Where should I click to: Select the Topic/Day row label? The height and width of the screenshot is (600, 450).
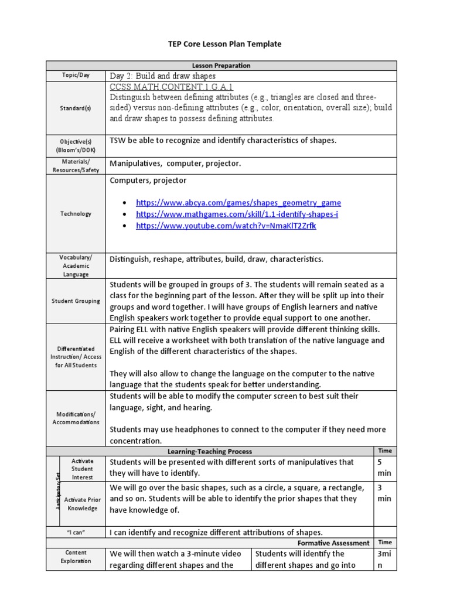coord(77,76)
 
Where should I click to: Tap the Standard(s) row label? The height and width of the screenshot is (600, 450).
coord(77,108)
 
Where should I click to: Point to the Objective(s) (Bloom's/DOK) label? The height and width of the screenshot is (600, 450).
coord(77,145)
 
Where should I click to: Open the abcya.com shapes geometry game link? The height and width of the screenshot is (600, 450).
coord(238,203)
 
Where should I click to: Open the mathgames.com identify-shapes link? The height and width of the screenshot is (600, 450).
coord(237,214)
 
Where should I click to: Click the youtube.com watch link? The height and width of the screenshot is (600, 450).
coord(226,226)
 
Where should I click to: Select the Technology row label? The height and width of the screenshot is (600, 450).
coord(77,214)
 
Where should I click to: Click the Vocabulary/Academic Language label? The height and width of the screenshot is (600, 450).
coord(77,265)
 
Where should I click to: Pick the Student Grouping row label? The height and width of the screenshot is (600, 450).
coord(77,301)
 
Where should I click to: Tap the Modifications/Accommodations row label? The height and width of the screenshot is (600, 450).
coord(77,418)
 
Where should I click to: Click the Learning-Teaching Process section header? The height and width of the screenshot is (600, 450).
coord(210,451)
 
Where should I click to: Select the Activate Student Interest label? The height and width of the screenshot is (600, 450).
coord(82,469)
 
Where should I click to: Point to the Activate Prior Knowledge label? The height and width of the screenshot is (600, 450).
coord(82,504)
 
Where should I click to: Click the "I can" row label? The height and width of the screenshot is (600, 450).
coord(77,533)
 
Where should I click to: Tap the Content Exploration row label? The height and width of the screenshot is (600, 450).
coord(77,557)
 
